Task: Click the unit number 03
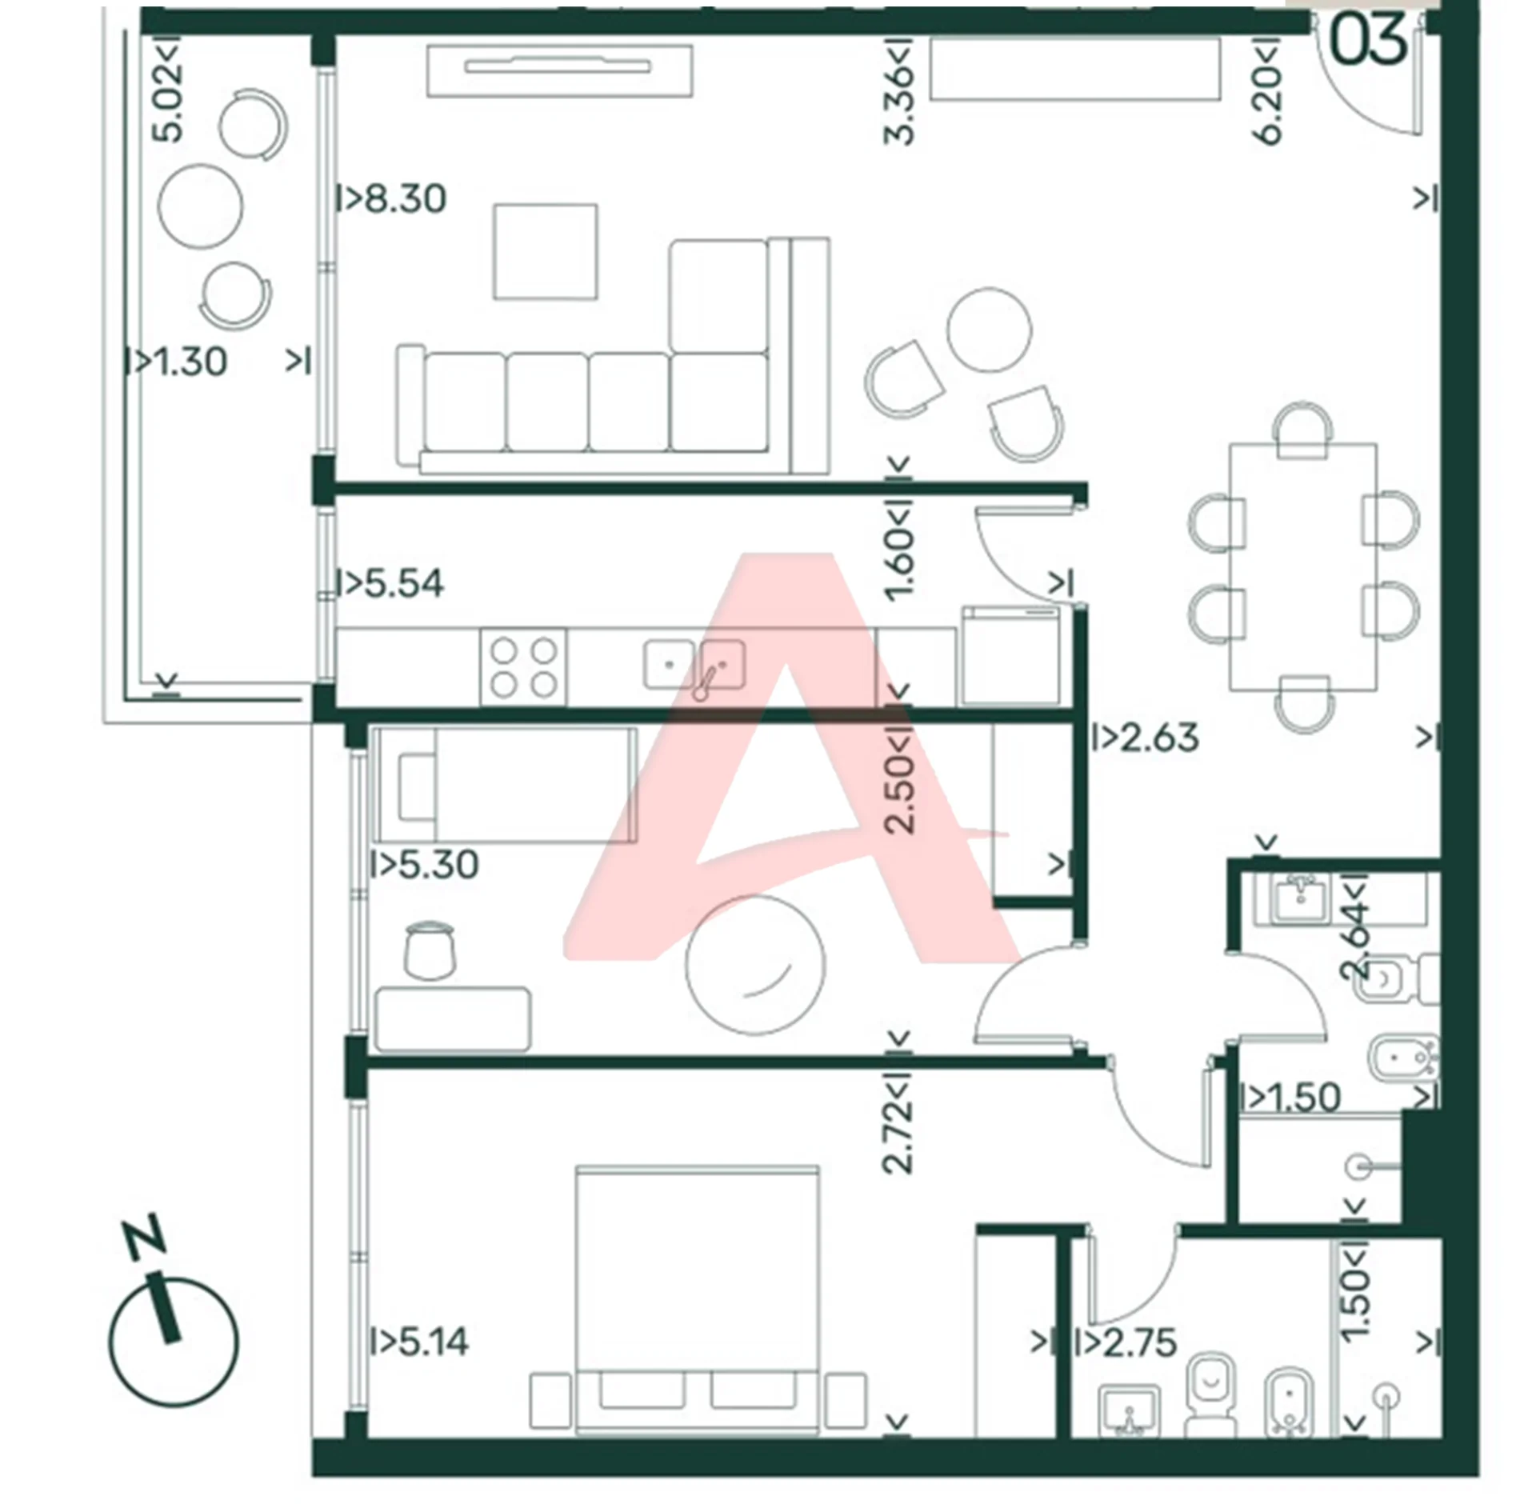(x=1367, y=39)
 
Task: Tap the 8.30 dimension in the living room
(x=405, y=198)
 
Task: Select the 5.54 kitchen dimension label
(x=403, y=583)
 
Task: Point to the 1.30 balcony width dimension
(x=190, y=362)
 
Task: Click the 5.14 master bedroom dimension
(x=433, y=1341)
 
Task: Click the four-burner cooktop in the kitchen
(x=523, y=667)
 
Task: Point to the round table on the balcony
(x=200, y=206)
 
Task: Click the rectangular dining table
(x=1303, y=566)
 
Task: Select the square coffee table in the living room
(x=546, y=251)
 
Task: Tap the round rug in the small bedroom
(x=754, y=965)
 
